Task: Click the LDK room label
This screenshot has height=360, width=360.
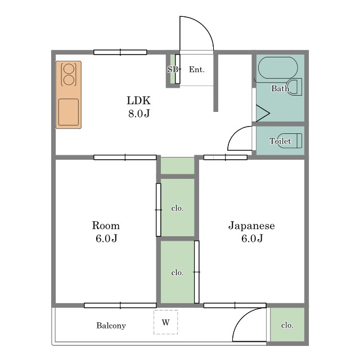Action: [x=139, y=107]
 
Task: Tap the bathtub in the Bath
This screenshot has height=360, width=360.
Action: [x=278, y=67]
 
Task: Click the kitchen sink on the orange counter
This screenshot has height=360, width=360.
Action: [x=69, y=112]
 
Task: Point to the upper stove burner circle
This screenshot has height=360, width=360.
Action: [x=69, y=69]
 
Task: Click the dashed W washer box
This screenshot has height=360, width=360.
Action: [x=165, y=322]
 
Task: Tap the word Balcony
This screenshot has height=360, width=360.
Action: [x=111, y=326]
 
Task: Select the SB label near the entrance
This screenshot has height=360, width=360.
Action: [x=173, y=69]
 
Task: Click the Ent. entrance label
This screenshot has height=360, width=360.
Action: [x=196, y=69]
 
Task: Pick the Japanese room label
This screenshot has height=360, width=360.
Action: [x=251, y=232]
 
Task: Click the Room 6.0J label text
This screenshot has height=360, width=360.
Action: [x=106, y=232]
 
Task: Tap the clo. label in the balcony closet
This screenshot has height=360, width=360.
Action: [x=287, y=325]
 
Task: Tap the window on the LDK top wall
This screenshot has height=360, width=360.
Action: [x=120, y=52]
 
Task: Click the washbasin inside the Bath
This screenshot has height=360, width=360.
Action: [x=294, y=87]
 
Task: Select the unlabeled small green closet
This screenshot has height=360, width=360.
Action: [x=178, y=165]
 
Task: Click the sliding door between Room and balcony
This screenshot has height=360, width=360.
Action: [x=120, y=305]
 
